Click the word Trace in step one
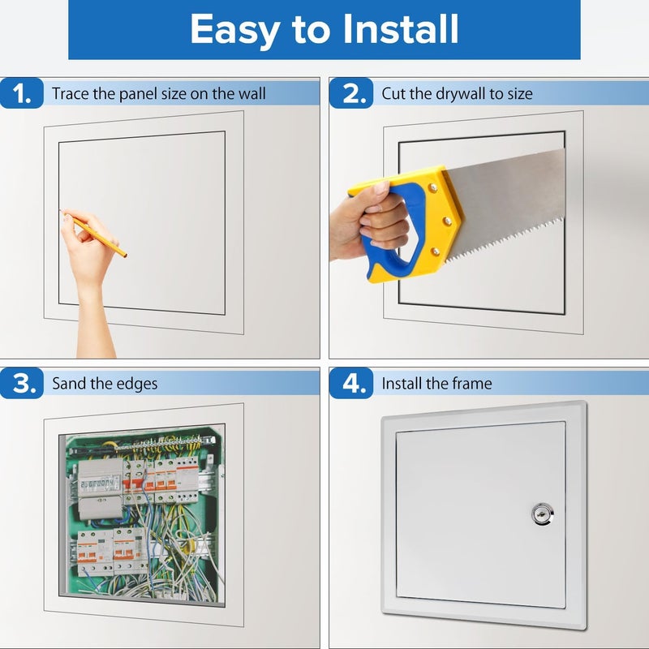[x=71, y=94]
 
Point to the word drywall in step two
[x=458, y=94]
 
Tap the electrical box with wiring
[x=142, y=515]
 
